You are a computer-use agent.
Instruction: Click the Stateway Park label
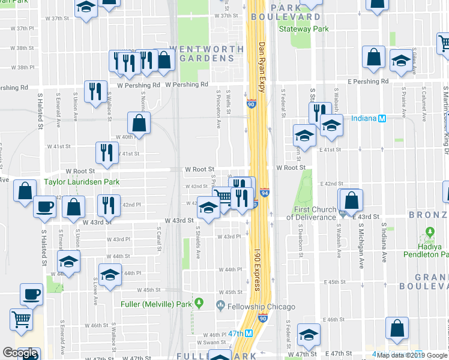pos(304,28)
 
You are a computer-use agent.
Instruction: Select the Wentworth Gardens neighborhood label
pos(202,53)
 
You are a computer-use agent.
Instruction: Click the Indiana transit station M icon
pos(381,118)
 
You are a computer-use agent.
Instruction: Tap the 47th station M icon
pos(247,334)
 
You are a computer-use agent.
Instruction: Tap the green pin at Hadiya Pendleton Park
pos(430,232)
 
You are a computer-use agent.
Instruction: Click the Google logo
pos(20,353)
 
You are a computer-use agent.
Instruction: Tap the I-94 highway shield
pos(265,192)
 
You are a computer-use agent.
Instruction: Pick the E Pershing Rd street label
pos(362,81)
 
